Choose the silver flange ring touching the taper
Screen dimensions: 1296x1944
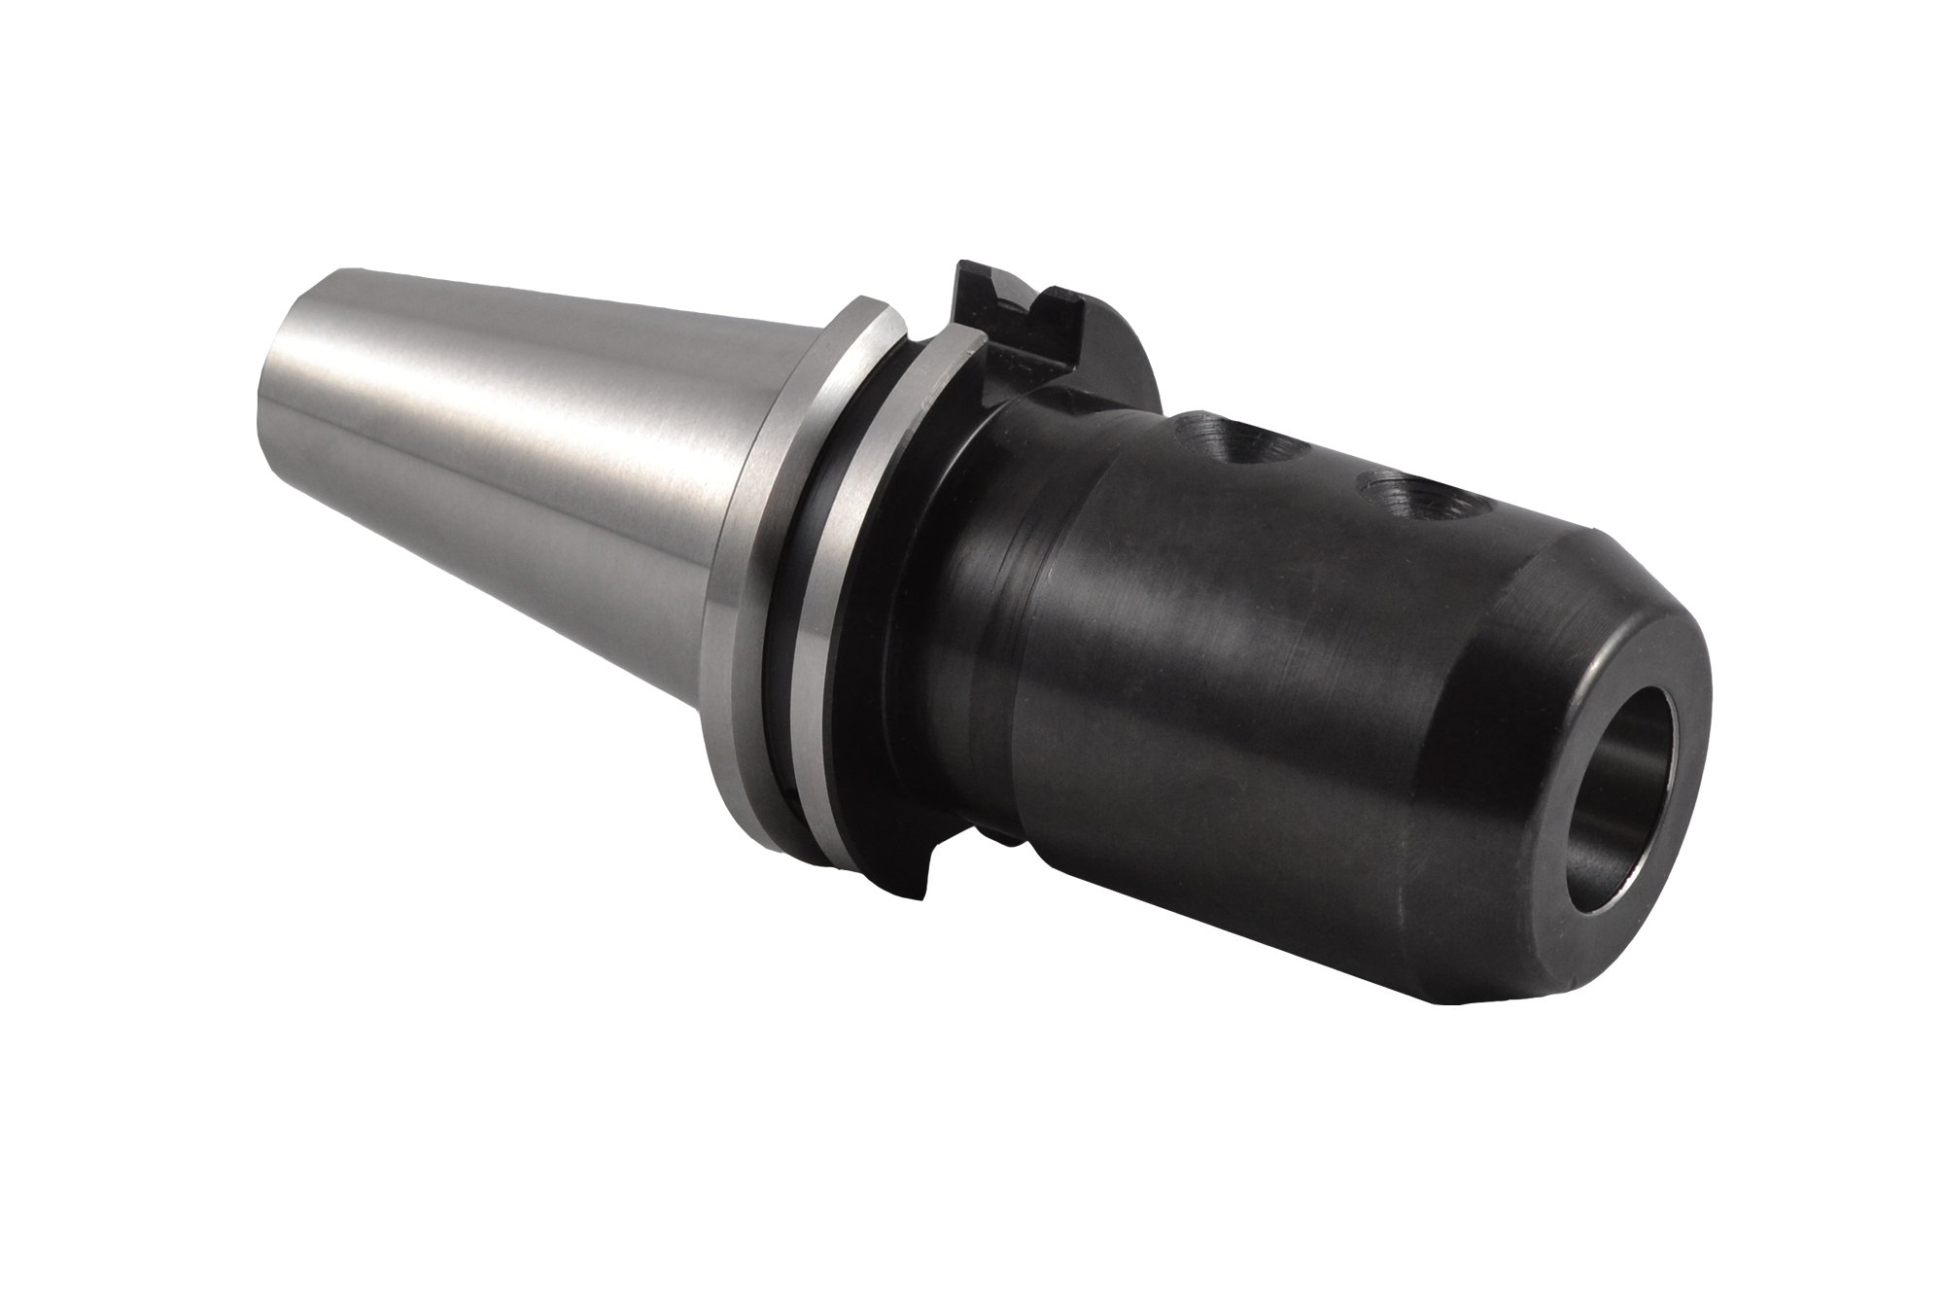coord(778,583)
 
